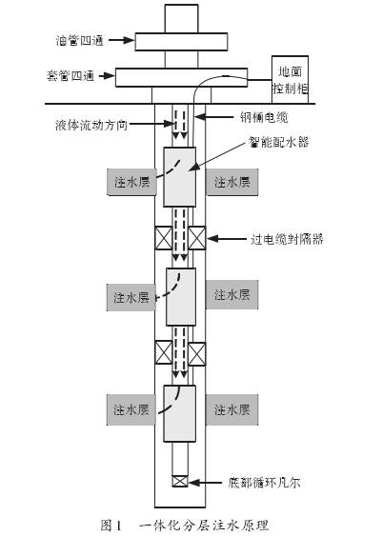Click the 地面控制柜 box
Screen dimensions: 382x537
tap(290, 79)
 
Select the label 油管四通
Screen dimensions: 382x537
tap(79, 40)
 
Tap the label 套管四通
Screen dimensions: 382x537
tap(70, 75)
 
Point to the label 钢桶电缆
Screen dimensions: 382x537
tap(264, 117)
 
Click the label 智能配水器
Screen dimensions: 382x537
tap(278, 142)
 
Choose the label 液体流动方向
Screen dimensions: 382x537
tap(91, 125)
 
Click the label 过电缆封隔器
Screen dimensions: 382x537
tap(287, 239)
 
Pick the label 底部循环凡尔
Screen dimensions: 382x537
tap(264, 483)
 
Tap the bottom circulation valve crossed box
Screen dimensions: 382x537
tap(180, 481)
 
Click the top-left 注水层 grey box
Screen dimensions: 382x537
tap(131, 182)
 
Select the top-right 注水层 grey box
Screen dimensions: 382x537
tap(231, 182)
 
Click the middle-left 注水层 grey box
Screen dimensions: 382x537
tap(131, 297)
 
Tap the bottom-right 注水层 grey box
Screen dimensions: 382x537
tap(231, 409)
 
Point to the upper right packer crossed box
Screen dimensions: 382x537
tap(197, 238)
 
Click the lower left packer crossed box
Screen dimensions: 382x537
tap(164, 352)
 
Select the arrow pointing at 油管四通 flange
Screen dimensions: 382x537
tap(122, 40)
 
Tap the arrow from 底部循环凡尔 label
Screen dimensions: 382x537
tap(205, 483)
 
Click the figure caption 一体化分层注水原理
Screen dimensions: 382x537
tap(204, 525)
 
